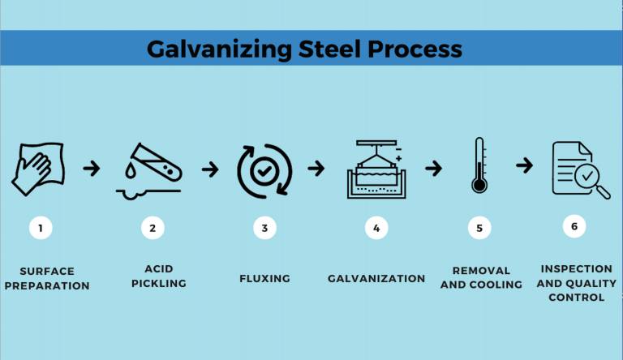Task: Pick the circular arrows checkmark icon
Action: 264,169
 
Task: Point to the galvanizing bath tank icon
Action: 376,169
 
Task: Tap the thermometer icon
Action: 479,165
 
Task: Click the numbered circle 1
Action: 41,228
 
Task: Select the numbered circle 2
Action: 152,228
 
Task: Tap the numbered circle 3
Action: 264,228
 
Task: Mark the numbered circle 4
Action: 376,228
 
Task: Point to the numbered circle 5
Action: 479,228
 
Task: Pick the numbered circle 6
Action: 574,226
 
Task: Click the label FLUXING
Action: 264,278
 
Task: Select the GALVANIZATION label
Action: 376,278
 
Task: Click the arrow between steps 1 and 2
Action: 92,169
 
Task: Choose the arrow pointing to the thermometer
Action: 434,169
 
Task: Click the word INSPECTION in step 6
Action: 577,269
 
